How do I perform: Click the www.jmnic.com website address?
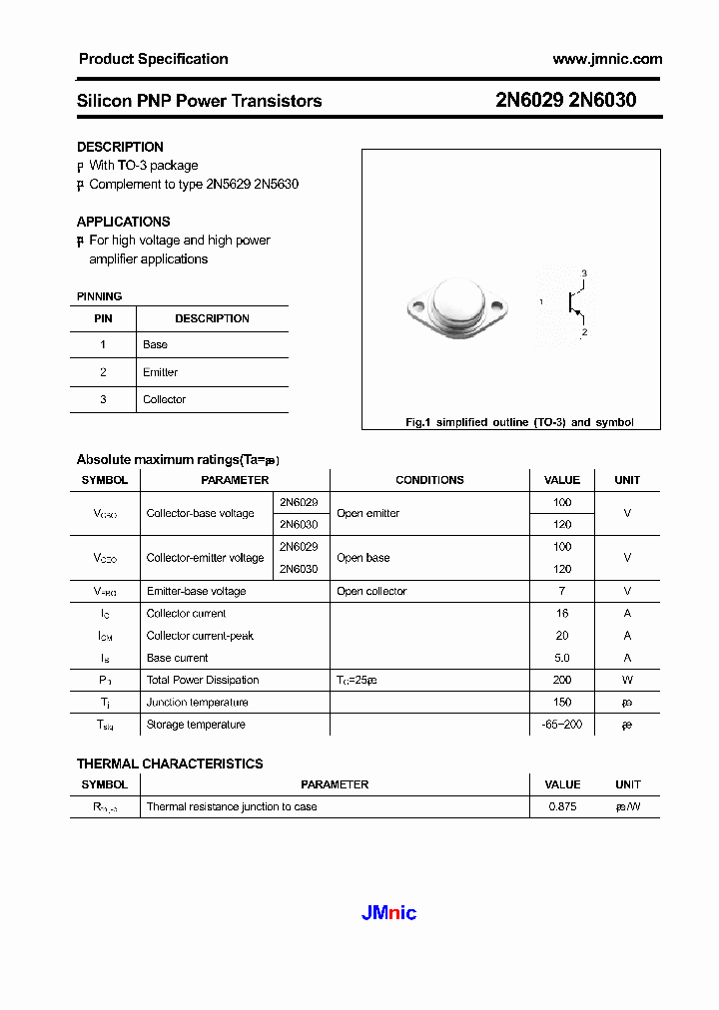click(x=607, y=59)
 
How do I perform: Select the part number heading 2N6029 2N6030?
click(x=565, y=101)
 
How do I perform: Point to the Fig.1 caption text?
click(x=518, y=422)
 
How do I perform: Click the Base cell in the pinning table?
click(x=155, y=344)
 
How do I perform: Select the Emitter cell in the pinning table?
click(x=160, y=372)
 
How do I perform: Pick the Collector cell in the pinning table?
click(x=164, y=399)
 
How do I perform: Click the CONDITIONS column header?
click(x=429, y=480)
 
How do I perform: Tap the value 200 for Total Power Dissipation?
click(x=562, y=680)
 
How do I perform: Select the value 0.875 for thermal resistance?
click(x=562, y=806)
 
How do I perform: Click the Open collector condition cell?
click(x=371, y=591)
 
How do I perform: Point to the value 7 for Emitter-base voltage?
click(x=562, y=591)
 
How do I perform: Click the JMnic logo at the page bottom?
click(x=387, y=912)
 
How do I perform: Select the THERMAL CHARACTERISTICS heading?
click(x=170, y=763)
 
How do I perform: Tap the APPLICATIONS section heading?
click(x=124, y=222)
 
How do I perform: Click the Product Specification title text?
click(x=153, y=59)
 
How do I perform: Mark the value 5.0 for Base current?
click(x=562, y=658)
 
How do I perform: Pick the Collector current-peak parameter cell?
click(x=200, y=636)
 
